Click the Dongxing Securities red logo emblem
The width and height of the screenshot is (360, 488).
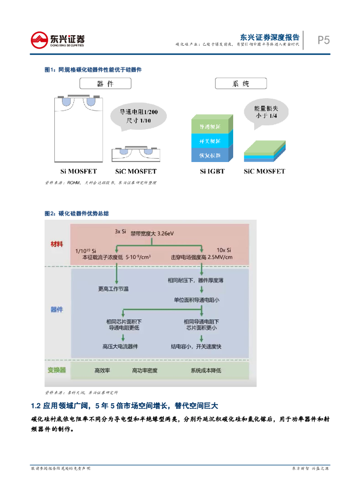pos(41,41)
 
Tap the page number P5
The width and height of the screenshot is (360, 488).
pos(323,41)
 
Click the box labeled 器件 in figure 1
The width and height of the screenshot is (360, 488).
pos(105,84)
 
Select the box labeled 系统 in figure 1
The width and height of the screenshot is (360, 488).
pos(241,84)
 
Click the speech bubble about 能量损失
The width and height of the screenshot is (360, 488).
pos(265,112)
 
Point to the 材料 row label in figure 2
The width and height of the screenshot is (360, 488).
pos(57,244)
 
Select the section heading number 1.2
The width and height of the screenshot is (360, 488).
pos(36,406)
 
